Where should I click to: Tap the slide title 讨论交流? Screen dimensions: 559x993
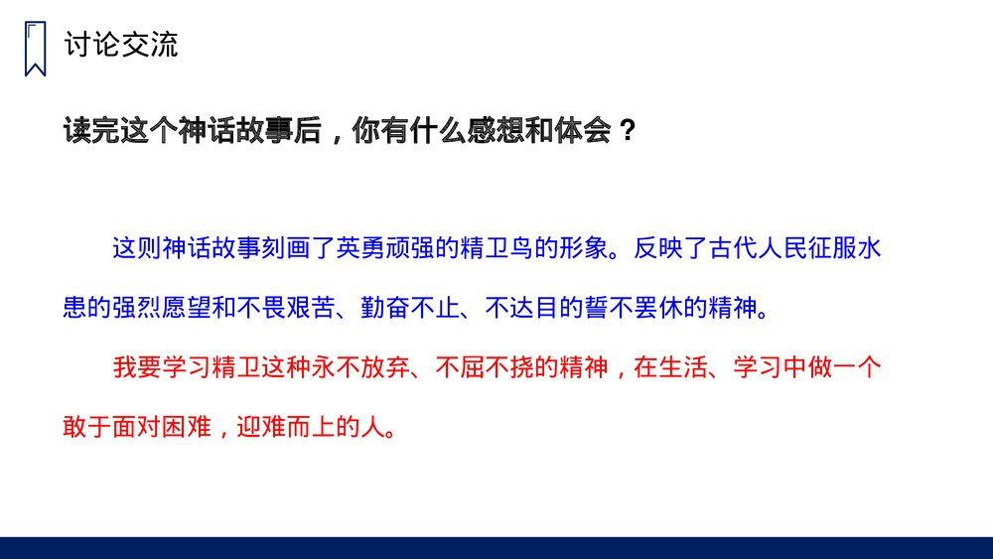point(120,45)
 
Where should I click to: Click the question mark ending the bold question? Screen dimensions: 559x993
point(627,132)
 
